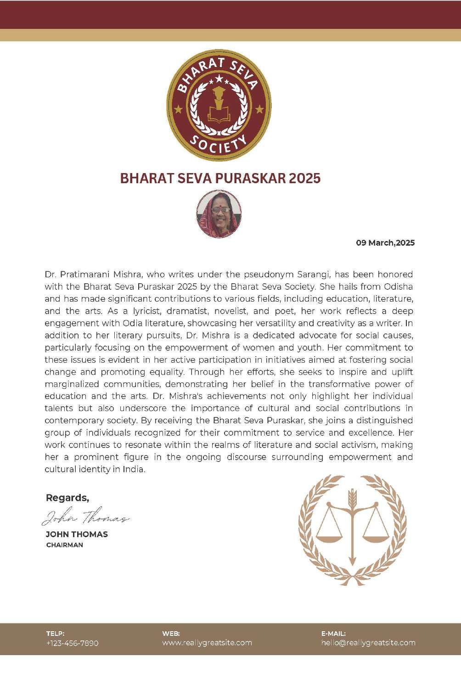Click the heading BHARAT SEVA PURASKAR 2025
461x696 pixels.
220,178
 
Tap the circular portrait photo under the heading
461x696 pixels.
219,214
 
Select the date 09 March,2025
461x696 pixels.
385,243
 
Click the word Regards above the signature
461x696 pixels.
67,498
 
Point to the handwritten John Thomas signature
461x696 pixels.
85,518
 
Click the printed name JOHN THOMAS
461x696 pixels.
77,534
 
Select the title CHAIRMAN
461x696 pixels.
65,545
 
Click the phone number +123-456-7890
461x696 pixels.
72,643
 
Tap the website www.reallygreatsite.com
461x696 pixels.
207,643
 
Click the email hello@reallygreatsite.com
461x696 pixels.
368,643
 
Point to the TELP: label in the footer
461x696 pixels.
55,634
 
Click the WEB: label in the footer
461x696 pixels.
171,634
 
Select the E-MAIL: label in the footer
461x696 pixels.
333,634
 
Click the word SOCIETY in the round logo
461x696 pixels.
219,146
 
